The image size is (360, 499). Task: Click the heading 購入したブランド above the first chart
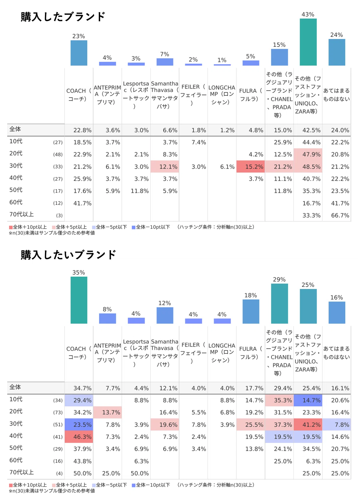pos(63,17)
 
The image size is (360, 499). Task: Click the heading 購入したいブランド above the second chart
pos(68,255)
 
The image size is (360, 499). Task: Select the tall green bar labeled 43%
pos(308,42)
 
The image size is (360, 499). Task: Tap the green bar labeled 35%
pos(79,300)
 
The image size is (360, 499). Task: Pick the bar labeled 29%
pos(279,303)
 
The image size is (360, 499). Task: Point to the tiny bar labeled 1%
pos(222,65)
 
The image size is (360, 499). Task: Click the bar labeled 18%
pos(251,311)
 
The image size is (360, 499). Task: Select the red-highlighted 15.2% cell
pos(250,167)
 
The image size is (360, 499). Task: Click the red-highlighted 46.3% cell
pos(79,437)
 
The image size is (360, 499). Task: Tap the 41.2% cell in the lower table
pos(308,425)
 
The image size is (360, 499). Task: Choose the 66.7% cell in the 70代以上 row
pos(340,215)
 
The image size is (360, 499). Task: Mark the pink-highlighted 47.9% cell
pos(308,154)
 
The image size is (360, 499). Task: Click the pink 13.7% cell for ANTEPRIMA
pos(107,412)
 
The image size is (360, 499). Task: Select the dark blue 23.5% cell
pos(79,425)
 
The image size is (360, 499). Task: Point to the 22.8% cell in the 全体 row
pos(82,130)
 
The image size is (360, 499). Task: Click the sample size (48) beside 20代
pos(58,155)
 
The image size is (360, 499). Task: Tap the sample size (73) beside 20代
pos(58,413)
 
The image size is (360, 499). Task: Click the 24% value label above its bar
pos(337,35)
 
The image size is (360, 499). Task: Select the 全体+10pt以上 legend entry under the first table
pos(28,227)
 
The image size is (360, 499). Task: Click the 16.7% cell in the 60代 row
pos(311,203)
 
